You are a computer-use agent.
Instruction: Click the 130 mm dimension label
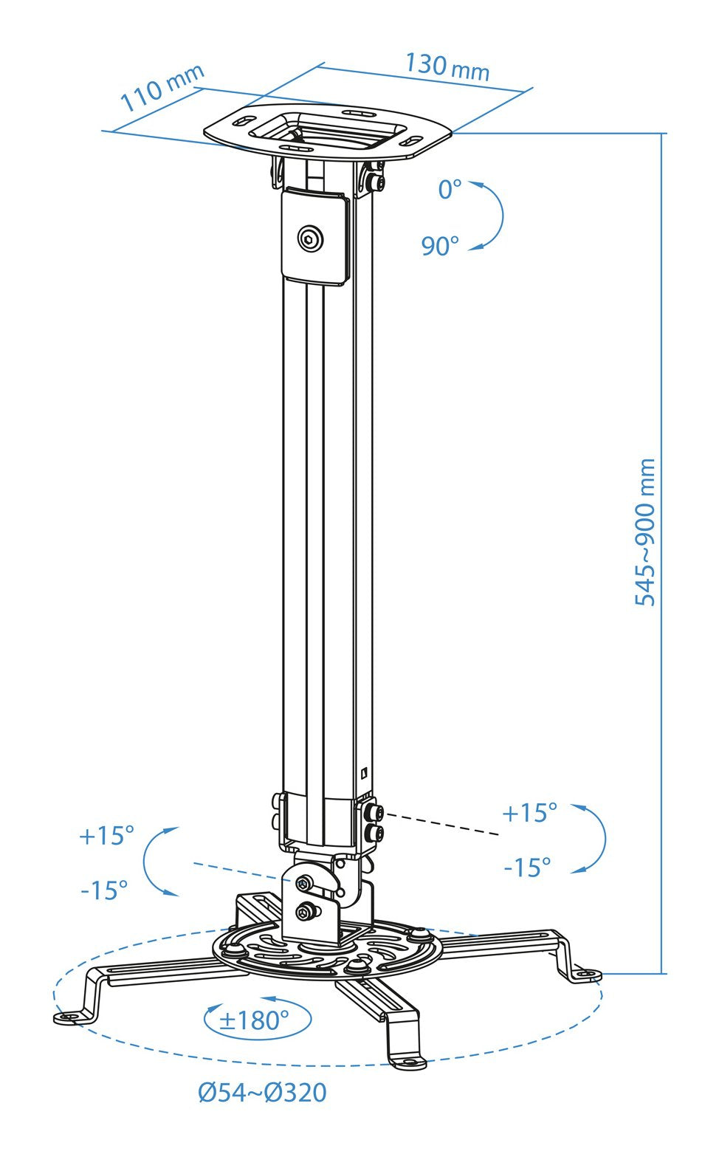tap(447, 67)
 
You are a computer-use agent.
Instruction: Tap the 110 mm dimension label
tap(162, 88)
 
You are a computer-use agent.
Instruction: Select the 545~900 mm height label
tap(645, 532)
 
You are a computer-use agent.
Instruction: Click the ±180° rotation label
tap(254, 1020)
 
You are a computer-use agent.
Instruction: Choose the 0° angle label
tap(450, 190)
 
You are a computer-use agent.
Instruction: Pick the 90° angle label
tap(440, 246)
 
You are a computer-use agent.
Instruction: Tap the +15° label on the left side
tap(106, 836)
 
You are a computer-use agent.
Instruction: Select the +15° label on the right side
tap(529, 813)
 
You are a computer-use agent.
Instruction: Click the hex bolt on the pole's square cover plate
tap(311, 238)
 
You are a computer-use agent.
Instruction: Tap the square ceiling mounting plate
tap(328, 133)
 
